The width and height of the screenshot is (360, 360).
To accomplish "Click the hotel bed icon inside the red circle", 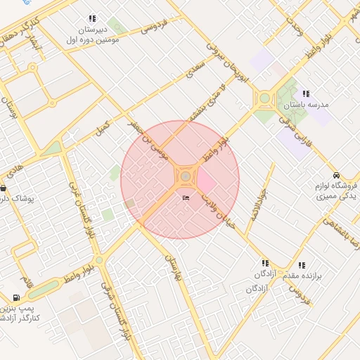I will (x=186, y=198).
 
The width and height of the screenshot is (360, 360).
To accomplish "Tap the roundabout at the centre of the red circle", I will (x=185, y=176).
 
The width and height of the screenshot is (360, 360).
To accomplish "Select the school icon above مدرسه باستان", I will (x=305, y=94).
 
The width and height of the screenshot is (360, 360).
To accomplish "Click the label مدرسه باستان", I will (x=307, y=105).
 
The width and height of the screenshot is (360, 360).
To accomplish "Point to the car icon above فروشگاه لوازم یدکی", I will (x=336, y=175).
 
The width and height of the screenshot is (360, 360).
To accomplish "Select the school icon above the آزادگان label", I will (x=265, y=263).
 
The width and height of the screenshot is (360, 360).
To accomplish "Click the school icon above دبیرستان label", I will (x=92, y=19).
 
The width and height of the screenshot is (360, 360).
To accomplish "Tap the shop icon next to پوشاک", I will (x=4, y=188).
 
